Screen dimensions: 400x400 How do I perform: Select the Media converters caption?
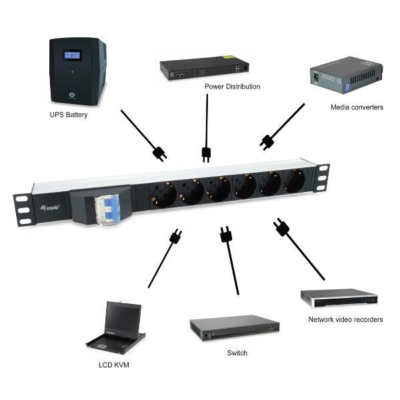(x=357, y=107)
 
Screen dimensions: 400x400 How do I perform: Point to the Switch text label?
(x=237, y=353)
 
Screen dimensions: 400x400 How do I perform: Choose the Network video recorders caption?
(x=345, y=319)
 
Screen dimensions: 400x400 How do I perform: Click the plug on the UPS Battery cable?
(x=159, y=153)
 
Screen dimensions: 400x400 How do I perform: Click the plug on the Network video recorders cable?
(x=281, y=229)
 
